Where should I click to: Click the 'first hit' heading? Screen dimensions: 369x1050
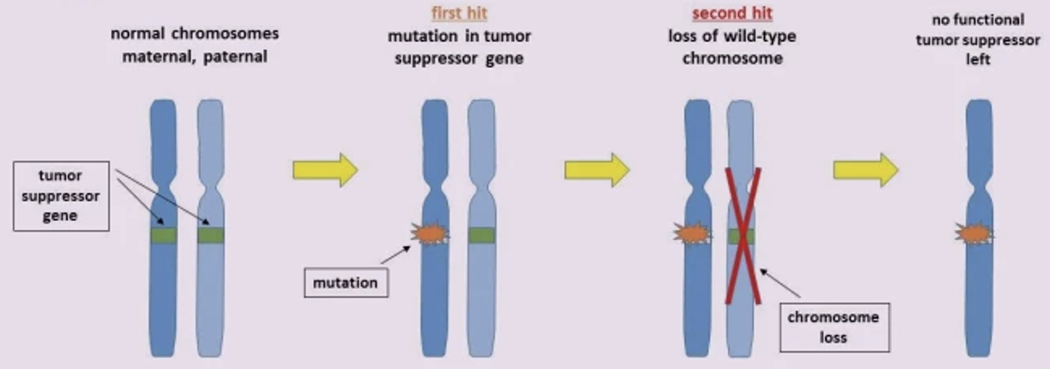459,13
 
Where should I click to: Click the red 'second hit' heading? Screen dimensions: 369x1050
732,13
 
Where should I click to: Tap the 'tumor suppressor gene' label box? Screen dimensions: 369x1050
60,195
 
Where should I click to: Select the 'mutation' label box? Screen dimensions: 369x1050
345,283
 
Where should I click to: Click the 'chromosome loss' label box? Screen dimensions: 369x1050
833,327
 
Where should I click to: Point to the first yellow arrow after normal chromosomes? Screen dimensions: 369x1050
325,170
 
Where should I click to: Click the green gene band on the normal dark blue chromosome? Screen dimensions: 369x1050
163,236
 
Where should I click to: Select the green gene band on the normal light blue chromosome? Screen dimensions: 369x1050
211,236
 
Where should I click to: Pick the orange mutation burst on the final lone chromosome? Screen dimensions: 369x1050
974,234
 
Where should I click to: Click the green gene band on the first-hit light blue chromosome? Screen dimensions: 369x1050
481,236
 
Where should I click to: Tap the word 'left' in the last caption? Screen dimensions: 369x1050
978,60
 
